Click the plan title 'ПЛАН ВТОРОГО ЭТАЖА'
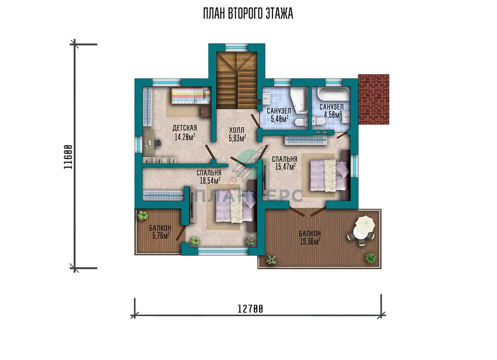click(248, 14)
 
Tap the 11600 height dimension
click(68, 157)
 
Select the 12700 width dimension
click(250, 309)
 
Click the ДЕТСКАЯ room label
click(185, 128)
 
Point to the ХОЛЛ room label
click(236, 130)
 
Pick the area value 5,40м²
click(280, 119)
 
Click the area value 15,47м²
click(285, 166)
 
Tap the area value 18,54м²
click(210, 180)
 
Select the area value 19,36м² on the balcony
click(310, 241)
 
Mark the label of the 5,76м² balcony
click(160, 228)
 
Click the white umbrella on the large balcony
click(365, 224)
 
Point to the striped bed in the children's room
click(191, 95)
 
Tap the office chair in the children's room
click(157, 143)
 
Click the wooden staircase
click(236, 80)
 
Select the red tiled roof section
click(374, 99)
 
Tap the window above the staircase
click(236, 48)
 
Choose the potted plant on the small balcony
click(142, 215)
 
